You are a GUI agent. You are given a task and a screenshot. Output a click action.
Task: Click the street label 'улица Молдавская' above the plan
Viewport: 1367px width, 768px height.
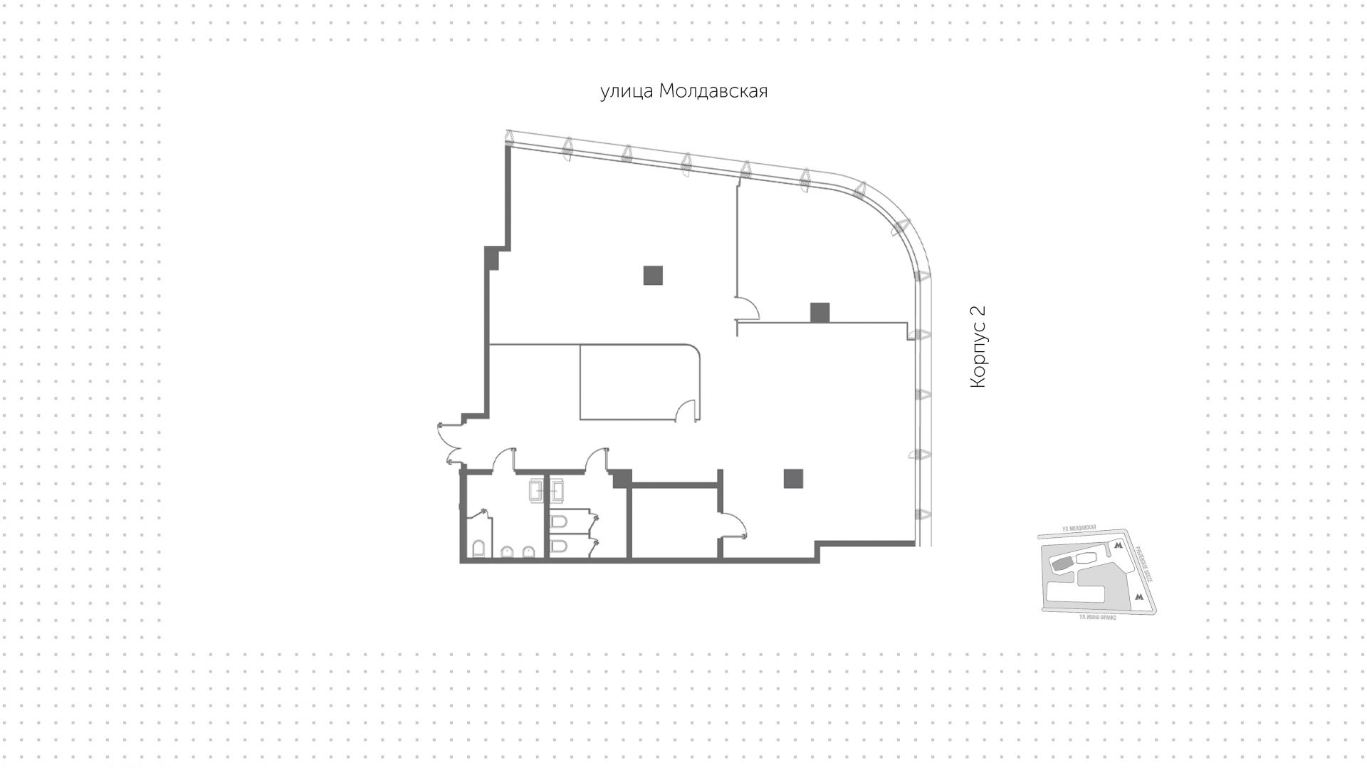(683, 92)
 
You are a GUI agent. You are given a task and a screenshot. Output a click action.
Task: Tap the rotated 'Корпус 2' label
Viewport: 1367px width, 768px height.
(979, 347)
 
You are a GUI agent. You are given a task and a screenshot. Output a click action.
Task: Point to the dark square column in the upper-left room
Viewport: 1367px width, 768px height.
(653, 275)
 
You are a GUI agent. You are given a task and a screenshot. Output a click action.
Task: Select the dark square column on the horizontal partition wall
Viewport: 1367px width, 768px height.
(819, 312)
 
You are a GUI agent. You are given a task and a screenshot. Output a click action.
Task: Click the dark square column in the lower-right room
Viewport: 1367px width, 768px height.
(794, 478)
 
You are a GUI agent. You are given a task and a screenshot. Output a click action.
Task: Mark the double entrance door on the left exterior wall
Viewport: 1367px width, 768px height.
(449, 443)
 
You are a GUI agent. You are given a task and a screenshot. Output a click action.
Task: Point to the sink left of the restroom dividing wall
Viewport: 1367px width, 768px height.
(535, 490)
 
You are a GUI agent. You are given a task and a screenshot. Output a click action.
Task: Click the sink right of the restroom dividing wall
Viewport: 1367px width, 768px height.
(557, 490)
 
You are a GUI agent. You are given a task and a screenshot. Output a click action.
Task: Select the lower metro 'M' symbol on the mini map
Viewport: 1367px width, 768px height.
(1139, 597)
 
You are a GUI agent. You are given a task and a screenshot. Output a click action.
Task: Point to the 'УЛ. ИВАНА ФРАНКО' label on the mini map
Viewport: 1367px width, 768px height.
(1097, 617)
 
